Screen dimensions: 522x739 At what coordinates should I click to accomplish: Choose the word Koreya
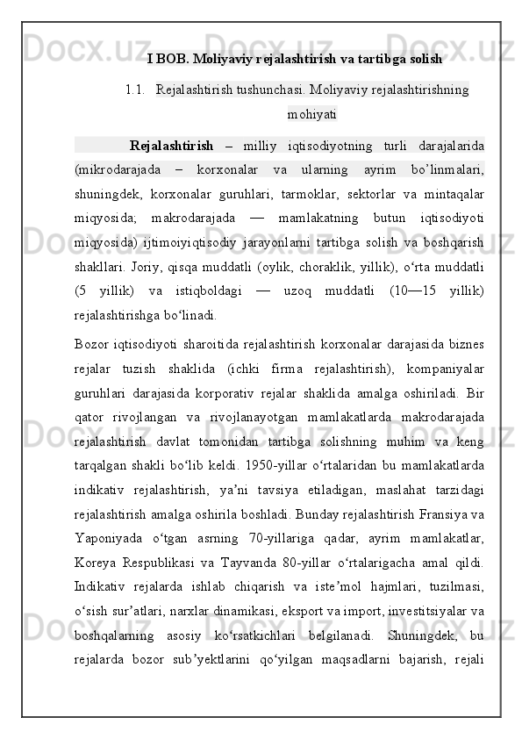tap(95, 557)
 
